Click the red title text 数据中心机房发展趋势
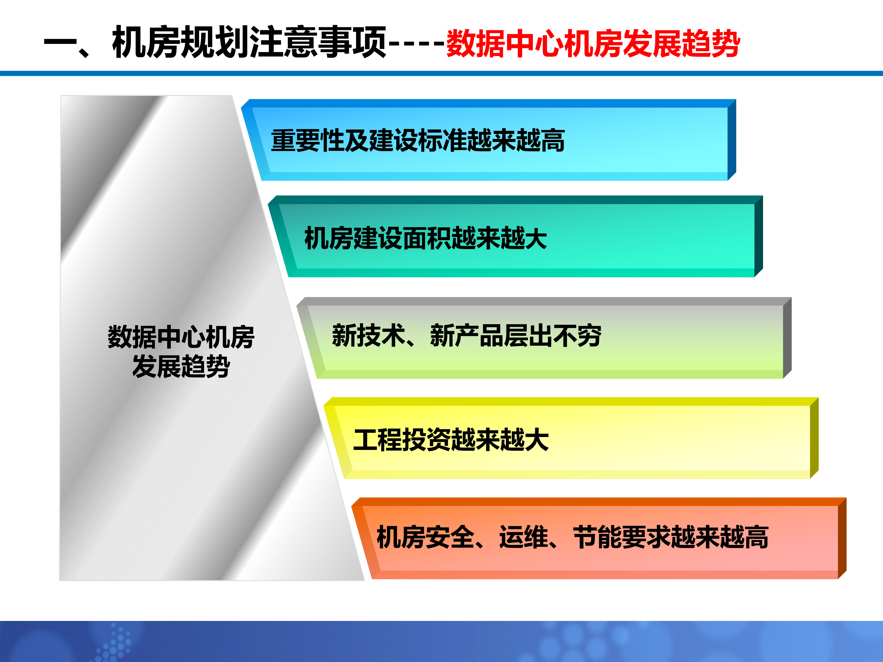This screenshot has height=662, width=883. pos(593,43)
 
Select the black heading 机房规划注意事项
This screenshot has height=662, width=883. pos(250,42)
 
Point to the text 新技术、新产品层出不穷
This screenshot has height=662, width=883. pos(466,336)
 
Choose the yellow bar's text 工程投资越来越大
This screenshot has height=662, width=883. pos(451,440)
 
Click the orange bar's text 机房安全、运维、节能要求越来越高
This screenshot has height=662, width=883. pos(572,537)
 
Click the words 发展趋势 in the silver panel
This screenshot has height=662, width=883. pos(181,366)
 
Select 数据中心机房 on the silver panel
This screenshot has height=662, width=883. pos(181,337)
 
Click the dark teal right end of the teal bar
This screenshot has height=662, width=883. pos(759,236)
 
